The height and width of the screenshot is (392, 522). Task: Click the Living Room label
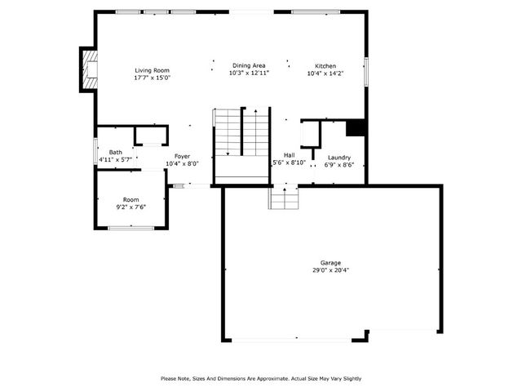coord(152,71)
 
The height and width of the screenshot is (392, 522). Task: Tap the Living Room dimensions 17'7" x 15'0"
coord(152,78)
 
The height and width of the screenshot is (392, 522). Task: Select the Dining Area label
coord(249,65)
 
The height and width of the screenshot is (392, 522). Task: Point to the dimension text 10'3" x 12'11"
coord(249,73)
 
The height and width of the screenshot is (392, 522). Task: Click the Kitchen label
coord(326,66)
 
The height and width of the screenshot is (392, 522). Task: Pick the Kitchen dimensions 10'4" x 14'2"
coord(326,73)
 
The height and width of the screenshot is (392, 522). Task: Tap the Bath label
coord(116,152)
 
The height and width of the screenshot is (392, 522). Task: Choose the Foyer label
coord(182,156)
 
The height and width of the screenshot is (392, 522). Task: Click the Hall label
coord(289,155)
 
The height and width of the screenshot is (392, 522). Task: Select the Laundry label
coord(339,157)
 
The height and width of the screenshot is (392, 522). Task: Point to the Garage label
coord(330,263)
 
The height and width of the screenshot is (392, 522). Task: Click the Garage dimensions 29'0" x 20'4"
coord(330,270)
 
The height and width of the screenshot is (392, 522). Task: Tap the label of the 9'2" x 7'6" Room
coord(131,199)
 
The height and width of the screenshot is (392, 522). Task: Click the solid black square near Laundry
coord(355,128)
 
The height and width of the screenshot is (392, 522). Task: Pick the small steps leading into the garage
coord(284,197)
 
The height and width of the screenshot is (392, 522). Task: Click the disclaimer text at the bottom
coord(260,378)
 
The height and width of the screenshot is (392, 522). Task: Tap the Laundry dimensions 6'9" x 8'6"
coord(339,164)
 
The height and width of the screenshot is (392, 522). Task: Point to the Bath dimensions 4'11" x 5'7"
coord(116,159)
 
